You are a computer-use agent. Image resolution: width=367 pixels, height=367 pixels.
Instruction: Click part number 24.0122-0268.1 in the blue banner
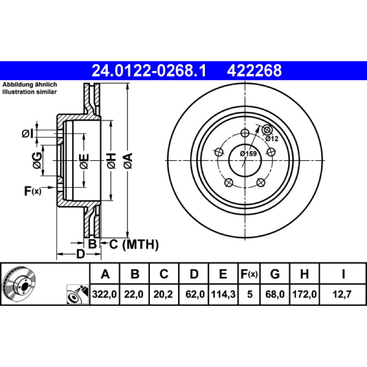pyautogui.click(x=149, y=71)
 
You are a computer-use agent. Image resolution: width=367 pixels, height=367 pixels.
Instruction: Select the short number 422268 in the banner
pyautogui.click(x=254, y=71)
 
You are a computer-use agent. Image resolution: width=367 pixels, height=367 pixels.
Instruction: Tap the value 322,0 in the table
pyautogui.click(x=105, y=294)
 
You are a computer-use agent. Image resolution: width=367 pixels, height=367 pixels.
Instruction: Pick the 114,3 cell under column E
pyautogui.click(x=223, y=294)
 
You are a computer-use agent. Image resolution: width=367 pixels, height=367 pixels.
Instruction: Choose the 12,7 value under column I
pyautogui.click(x=342, y=294)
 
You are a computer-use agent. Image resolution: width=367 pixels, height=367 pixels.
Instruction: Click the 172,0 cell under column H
pyautogui.click(x=304, y=294)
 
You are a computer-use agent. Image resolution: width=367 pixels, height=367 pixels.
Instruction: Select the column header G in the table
pyautogui.click(x=275, y=273)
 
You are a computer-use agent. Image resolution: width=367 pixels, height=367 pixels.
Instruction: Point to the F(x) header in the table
pyautogui.click(x=249, y=273)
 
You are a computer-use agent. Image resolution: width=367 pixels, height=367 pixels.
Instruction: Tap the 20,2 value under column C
pyautogui.click(x=163, y=294)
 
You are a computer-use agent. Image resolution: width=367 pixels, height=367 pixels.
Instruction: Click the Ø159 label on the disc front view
pyautogui.click(x=248, y=154)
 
